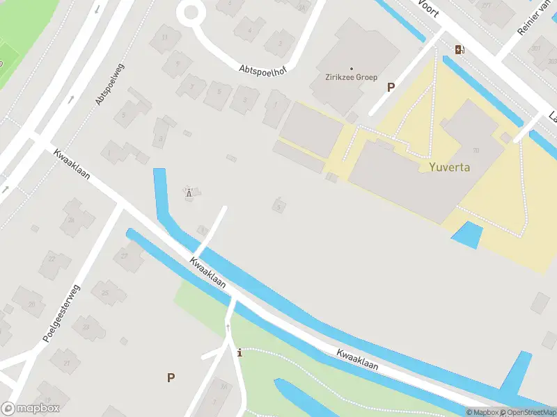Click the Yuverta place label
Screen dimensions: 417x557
pyautogui.click(x=450, y=167)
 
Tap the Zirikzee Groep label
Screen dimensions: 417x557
pyautogui.click(x=351, y=77)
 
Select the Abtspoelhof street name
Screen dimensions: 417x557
pyautogui.click(x=262, y=70)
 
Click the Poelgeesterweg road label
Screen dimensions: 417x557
pyautogui.click(x=61, y=314)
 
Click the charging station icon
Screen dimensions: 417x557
pyautogui.click(x=459, y=49)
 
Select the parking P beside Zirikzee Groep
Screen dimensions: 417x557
pyautogui.click(x=391, y=88)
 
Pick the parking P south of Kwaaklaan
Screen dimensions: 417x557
pyautogui.click(x=171, y=377)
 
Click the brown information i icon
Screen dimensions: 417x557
pyautogui.click(x=240, y=353)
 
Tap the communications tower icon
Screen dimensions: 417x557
pyautogui.click(x=189, y=192)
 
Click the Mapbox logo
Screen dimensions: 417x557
pyautogui.click(x=30, y=409)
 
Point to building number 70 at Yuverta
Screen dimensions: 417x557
pyautogui.click(x=476, y=150)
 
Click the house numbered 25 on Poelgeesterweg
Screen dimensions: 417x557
pyautogui.click(x=105, y=293)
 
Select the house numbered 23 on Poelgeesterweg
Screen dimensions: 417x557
pyautogui.click(x=86, y=326)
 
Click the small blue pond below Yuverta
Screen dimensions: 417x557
pyautogui.click(x=467, y=235)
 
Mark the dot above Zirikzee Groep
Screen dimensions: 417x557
pyautogui.click(x=351, y=68)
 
